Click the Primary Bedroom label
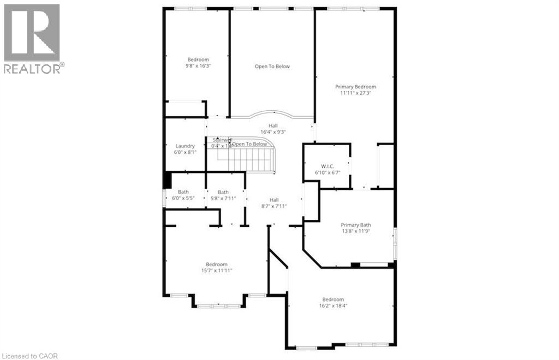(355, 87)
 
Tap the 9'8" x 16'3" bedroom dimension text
(198, 65)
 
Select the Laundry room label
(185, 146)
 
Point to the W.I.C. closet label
(327, 166)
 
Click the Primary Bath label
(356, 225)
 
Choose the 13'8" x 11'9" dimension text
(356, 231)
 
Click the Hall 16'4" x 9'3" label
(273, 129)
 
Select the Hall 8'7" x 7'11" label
(273, 203)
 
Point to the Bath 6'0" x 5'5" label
(183, 195)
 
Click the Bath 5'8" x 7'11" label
(223, 195)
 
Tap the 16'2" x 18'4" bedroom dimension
(333, 305)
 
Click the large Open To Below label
(272, 67)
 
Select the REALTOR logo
(32, 39)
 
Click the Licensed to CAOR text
(29, 356)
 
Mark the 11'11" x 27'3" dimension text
(355, 93)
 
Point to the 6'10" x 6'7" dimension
(327, 172)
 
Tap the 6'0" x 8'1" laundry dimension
(185, 153)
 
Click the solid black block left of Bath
(168, 181)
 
